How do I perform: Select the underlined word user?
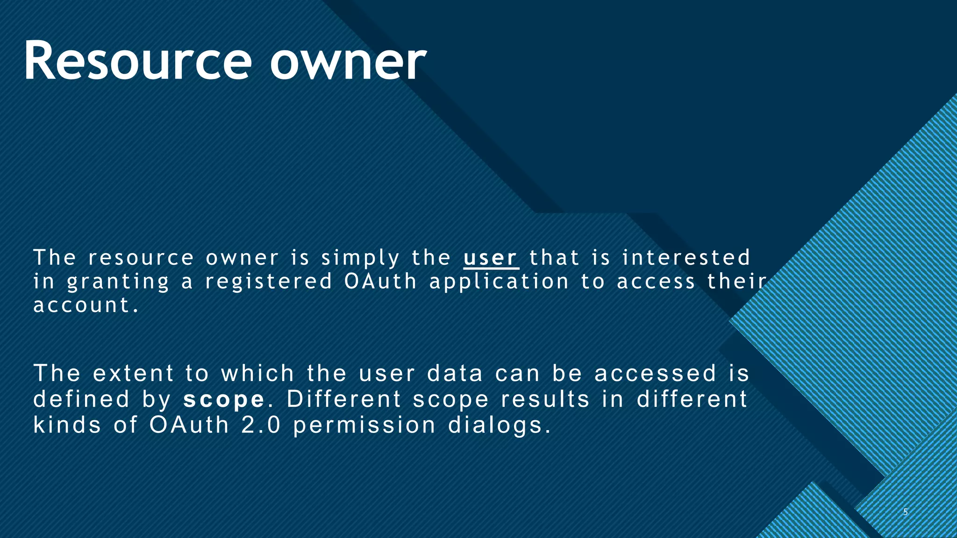tap(491, 258)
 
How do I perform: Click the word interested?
tap(686, 258)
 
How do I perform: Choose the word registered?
tap(269, 282)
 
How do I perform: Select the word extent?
tap(134, 373)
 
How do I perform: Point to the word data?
tap(455, 373)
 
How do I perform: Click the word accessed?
tap(655, 373)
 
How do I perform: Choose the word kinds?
tap(67, 425)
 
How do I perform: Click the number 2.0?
tap(261, 425)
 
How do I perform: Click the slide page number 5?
tap(905, 512)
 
